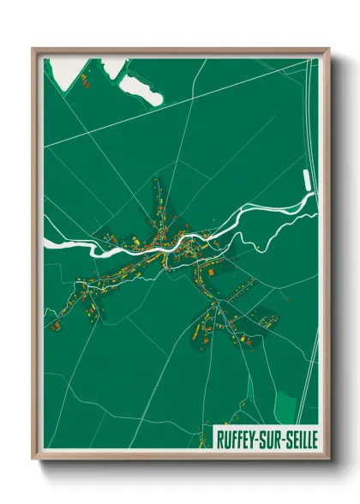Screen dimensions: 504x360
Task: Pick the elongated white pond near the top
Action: point(141,89)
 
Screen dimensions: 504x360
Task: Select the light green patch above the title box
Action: point(285,404)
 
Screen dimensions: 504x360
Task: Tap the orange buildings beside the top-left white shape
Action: point(87,81)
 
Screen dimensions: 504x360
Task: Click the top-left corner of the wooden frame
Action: point(33,49)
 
